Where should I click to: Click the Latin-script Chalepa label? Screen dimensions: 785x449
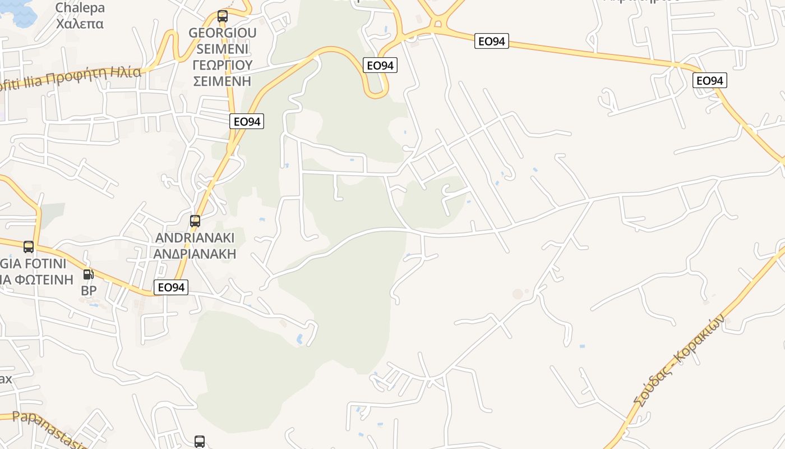point(80,8)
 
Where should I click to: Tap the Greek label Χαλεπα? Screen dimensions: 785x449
point(80,24)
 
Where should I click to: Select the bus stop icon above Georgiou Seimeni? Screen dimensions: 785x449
point(223,16)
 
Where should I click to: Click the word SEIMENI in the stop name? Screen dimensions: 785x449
point(223,49)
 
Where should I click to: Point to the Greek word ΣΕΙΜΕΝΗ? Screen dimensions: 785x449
point(223,81)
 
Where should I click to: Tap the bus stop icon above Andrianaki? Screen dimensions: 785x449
point(195,221)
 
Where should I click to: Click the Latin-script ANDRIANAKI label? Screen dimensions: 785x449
point(195,238)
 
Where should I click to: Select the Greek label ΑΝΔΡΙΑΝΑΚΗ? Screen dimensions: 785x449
point(195,254)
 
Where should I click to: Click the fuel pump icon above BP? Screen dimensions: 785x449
point(89,274)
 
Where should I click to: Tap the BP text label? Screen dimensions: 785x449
point(89,290)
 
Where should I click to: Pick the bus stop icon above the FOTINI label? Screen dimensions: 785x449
point(29,246)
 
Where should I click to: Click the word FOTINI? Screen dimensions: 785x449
point(45,263)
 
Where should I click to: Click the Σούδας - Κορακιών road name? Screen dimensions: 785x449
point(680,359)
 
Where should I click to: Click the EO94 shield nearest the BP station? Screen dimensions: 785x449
point(171,287)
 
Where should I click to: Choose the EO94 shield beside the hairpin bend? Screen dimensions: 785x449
point(380,66)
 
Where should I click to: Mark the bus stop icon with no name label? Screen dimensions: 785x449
point(200,441)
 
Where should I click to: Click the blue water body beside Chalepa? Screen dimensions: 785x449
point(22,11)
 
